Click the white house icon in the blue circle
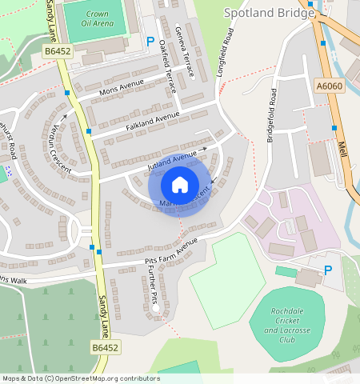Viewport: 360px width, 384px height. [x=180, y=185]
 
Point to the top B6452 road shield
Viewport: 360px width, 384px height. [x=58, y=50]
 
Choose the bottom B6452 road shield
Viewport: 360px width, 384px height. [x=105, y=348]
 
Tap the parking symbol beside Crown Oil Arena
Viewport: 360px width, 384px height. [x=150, y=42]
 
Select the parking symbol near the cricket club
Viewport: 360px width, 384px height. [x=327, y=270]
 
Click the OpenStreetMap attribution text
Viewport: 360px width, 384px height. [x=80, y=378]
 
